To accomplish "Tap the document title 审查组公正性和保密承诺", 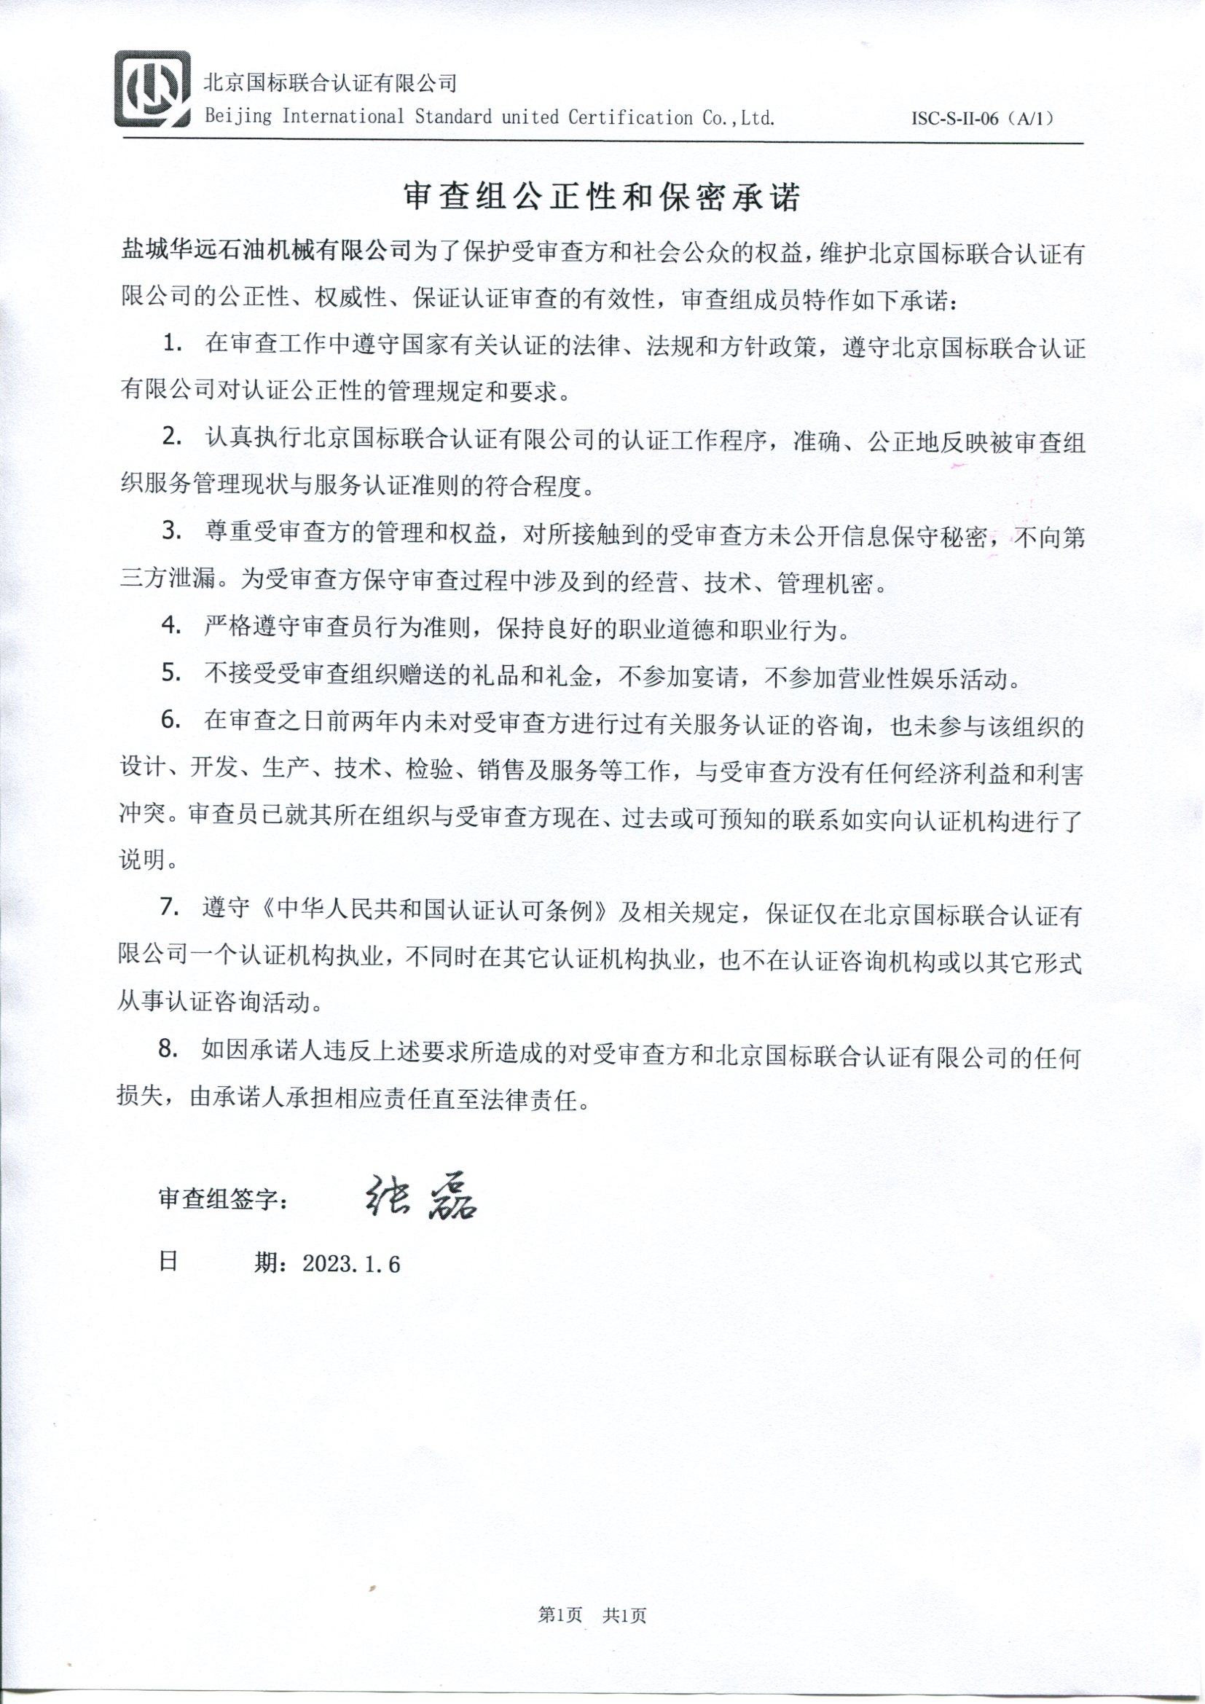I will coord(601,197).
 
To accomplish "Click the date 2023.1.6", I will coord(351,1264).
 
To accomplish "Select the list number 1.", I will coord(173,345).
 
